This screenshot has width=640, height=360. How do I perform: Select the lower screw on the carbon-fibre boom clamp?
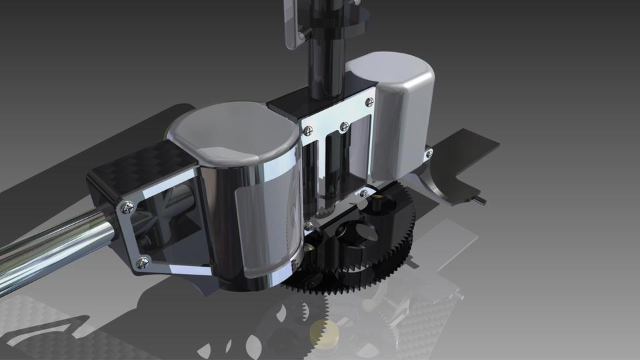pyautogui.click(x=141, y=263)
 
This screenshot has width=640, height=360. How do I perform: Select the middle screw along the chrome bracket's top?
pyautogui.click(x=343, y=126)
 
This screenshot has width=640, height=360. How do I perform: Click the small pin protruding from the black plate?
pyautogui.click(x=481, y=198)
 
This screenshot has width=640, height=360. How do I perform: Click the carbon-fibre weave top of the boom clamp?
pyautogui.click(x=140, y=167)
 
